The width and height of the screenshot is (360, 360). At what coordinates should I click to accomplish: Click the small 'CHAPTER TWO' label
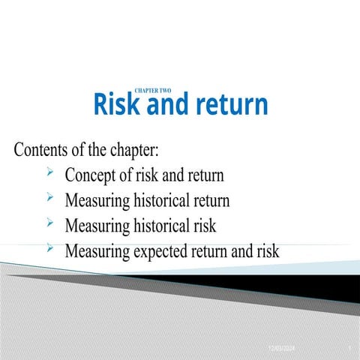(x=152, y=91)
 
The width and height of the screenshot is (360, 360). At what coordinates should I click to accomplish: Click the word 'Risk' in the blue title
(x=118, y=105)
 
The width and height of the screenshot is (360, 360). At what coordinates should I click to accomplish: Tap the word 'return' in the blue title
(x=231, y=106)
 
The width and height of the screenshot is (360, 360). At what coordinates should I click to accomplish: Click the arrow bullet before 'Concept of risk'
(x=49, y=175)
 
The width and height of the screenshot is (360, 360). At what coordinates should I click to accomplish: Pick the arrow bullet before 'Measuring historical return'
(x=49, y=199)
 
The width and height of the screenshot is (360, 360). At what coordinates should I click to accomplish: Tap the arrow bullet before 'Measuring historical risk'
(x=49, y=223)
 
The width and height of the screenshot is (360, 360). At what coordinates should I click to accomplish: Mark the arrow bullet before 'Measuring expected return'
(x=49, y=247)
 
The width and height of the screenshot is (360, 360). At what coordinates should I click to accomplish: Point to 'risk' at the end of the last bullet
(x=266, y=250)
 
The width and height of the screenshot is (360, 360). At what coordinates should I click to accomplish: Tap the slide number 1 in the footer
(x=350, y=349)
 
